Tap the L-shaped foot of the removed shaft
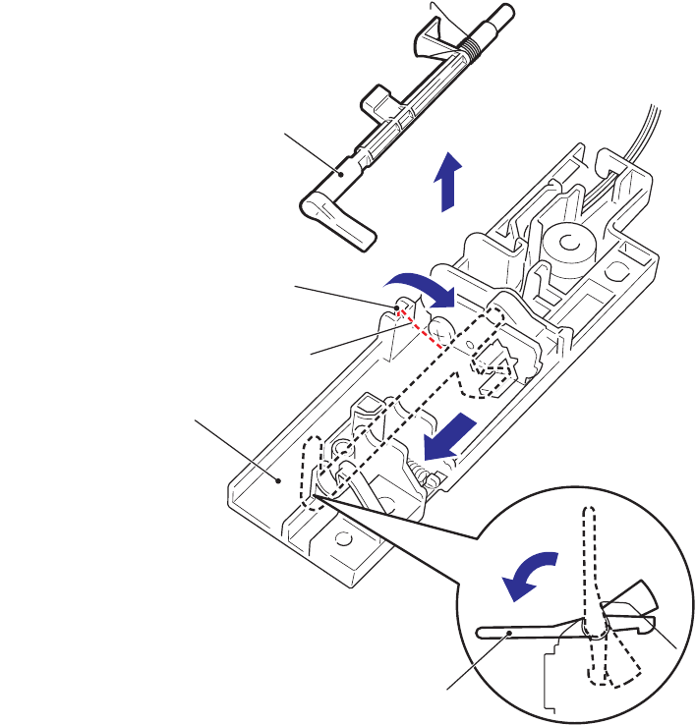[x=338, y=220]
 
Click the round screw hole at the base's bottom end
[x=344, y=540]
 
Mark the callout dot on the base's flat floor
[x=280, y=481]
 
